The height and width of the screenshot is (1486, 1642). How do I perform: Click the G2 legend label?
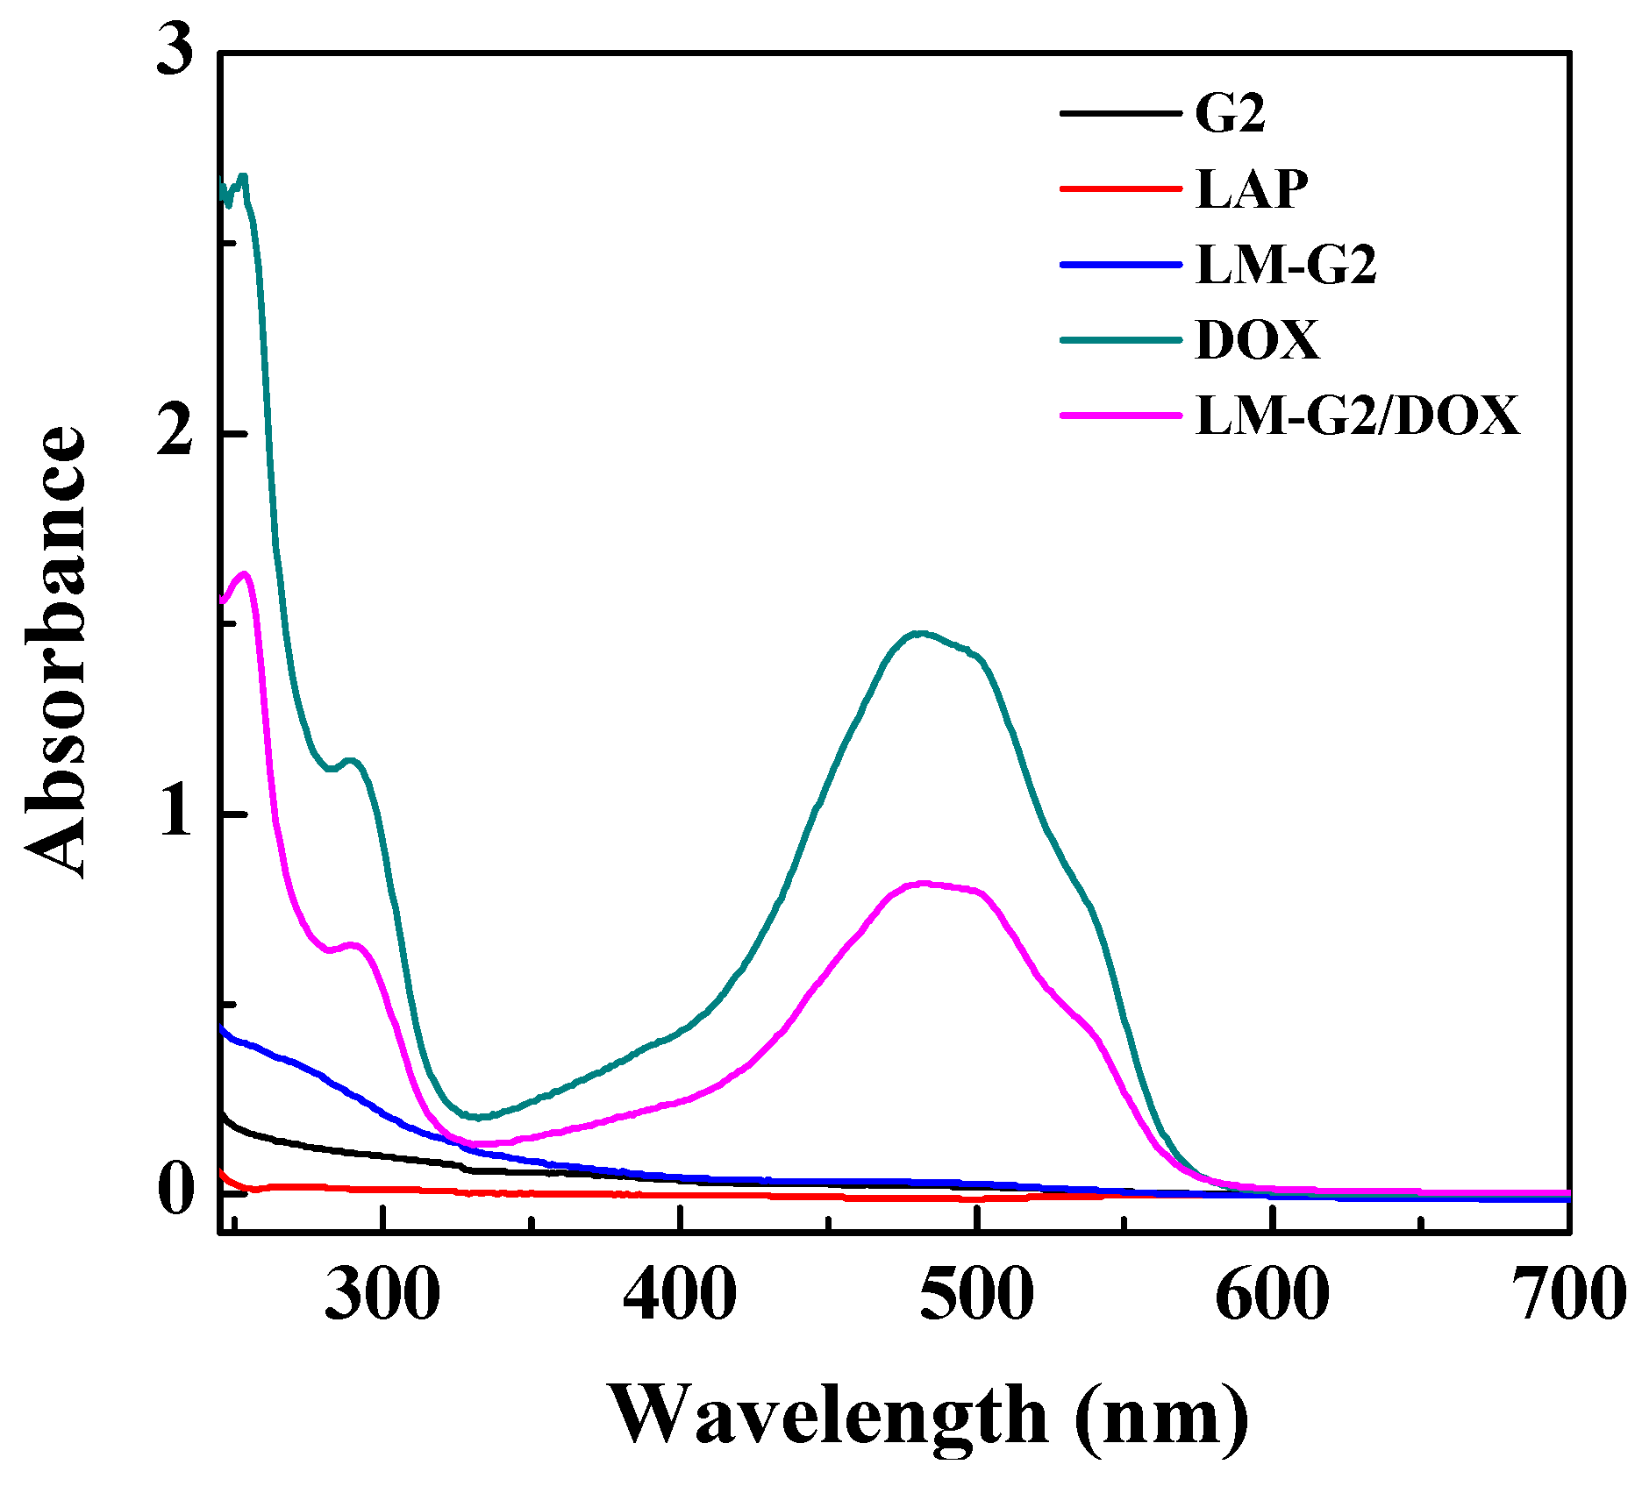(x=1230, y=114)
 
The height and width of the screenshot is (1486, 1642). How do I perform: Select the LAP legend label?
(x=1251, y=188)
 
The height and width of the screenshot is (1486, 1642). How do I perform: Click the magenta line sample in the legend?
(x=1120, y=415)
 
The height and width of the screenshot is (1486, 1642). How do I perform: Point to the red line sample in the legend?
(x=1120, y=188)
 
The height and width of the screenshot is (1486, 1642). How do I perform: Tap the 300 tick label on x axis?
(x=382, y=1296)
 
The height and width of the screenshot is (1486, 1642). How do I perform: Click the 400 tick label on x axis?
(x=680, y=1296)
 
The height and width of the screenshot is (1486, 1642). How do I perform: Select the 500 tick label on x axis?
(x=976, y=1296)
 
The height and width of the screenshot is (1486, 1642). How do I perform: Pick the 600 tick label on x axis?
(x=1272, y=1296)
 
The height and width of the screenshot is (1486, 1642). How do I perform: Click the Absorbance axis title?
(x=54, y=653)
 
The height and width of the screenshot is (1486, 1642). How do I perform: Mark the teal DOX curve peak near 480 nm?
(x=918, y=633)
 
